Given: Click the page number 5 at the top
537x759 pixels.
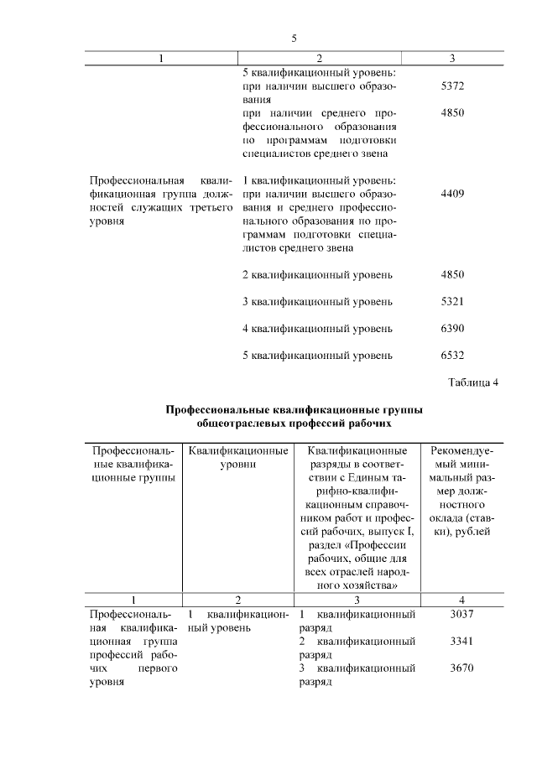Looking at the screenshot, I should tap(294, 38).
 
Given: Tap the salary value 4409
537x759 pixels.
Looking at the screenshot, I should tap(452, 194).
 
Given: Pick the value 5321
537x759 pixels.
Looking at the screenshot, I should tap(452, 301).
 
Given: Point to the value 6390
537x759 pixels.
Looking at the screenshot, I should tap(452, 328).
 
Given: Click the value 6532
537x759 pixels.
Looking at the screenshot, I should tap(452, 355).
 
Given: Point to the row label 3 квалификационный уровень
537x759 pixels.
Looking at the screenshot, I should tap(317, 301).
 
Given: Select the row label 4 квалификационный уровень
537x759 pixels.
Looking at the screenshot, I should tap(317, 328).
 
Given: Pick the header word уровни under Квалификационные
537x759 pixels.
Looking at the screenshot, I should tap(237, 464).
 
